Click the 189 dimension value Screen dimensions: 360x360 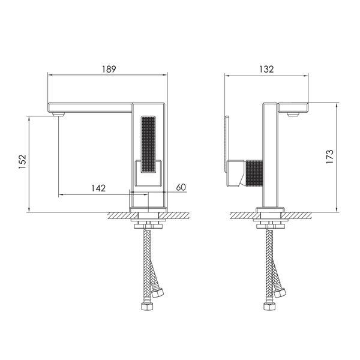click(x=109, y=69)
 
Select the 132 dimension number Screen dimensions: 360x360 click(x=266, y=69)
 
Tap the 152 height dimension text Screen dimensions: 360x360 click(x=23, y=161)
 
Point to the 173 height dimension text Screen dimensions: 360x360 click(x=329, y=157)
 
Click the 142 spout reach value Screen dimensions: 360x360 click(x=98, y=188)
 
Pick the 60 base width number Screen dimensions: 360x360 click(x=181, y=187)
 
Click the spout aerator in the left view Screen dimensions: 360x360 click(x=58, y=114)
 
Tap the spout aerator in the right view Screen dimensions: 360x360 click(x=293, y=114)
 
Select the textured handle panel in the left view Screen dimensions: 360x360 click(x=148, y=144)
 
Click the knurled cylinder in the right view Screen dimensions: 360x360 click(x=254, y=173)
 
